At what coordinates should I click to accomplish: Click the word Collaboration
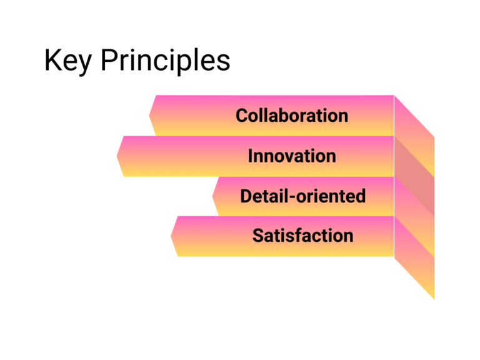(292, 116)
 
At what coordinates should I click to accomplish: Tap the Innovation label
(292, 156)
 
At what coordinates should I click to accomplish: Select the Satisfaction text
(302, 236)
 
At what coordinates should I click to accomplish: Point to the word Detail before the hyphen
(261, 196)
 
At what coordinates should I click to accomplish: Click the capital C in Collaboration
(242, 116)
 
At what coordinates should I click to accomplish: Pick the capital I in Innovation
(251, 156)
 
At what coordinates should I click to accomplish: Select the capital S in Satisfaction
(257, 236)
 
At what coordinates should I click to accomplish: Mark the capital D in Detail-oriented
(246, 196)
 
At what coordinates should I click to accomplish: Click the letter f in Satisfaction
(296, 236)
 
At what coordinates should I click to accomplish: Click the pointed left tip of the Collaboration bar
(150, 116)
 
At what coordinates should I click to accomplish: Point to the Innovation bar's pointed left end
(117, 156)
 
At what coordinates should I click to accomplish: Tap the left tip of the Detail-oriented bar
(212, 196)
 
